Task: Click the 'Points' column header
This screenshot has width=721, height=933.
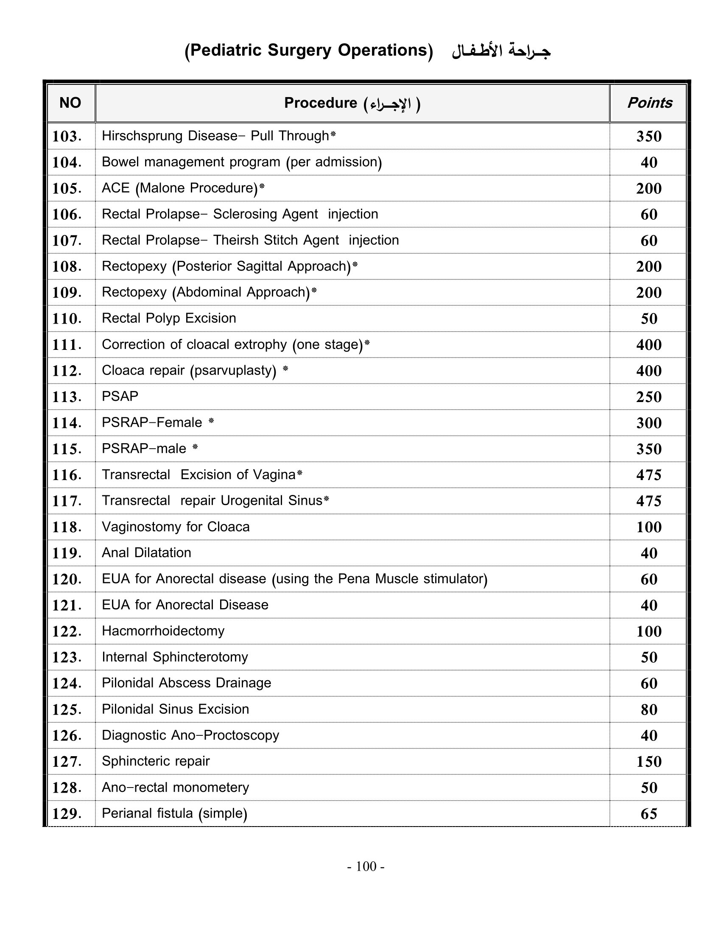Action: pos(649,103)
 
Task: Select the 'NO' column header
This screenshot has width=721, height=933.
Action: pos(70,103)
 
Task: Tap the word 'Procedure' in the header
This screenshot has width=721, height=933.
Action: pos(320,103)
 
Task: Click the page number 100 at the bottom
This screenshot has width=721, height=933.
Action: pos(366,866)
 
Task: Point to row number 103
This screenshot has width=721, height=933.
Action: pos(67,137)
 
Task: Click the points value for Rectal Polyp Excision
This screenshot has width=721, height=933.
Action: pos(649,318)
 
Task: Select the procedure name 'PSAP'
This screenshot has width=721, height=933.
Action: pos(120,397)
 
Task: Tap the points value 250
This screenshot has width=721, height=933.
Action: pos(649,397)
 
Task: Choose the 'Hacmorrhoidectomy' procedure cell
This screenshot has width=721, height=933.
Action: pos(163,631)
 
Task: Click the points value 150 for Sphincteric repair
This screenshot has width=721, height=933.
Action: pos(649,762)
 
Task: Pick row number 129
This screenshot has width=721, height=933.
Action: pos(67,814)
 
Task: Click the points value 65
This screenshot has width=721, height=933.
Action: pos(649,814)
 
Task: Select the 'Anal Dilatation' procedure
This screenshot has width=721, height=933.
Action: pos(146,553)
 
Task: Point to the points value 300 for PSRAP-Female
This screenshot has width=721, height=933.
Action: pos(649,423)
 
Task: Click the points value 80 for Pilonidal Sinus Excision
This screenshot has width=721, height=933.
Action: pos(649,710)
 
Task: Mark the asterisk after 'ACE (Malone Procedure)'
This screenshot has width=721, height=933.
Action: pos(262,186)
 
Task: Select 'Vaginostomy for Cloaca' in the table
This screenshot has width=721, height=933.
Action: pos(176,527)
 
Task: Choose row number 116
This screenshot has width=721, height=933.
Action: pos(67,475)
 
